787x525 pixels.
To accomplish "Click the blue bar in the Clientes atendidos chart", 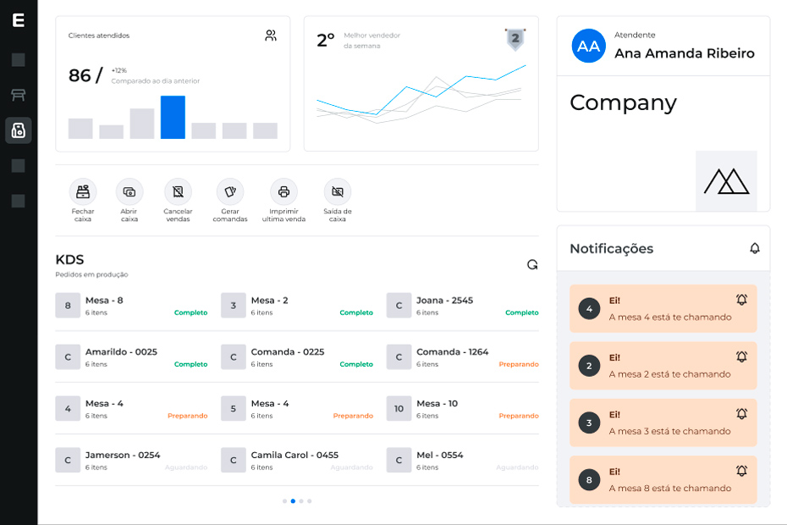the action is pyautogui.click(x=173, y=117).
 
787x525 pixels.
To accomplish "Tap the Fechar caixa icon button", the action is pyautogui.click(x=83, y=191).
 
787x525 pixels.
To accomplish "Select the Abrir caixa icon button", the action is pyautogui.click(x=129, y=191).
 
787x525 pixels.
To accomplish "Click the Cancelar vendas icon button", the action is pyautogui.click(x=179, y=191).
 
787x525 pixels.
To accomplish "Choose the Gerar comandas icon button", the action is pyautogui.click(x=230, y=191).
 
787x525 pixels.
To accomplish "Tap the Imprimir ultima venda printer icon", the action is pyautogui.click(x=283, y=191).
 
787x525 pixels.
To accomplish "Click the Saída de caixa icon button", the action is pyautogui.click(x=338, y=191).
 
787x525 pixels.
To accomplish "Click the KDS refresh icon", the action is pyautogui.click(x=532, y=264).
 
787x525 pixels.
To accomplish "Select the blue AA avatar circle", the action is pyautogui.click(x=589, y=46).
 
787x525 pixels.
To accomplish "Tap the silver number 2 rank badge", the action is pyautogui.click(x=515, y=39).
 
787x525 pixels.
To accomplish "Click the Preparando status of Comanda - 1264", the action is pyautogui.click(x=519, y=364).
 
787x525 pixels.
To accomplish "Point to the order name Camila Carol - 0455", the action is pyautogui.click(x=294, y=455).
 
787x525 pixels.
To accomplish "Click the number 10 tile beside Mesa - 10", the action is pyautogui.click(x=399, y=408).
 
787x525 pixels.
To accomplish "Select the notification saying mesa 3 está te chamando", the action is pyautogui.click(x=663, y=423).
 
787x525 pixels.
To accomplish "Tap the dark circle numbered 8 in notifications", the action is pyautogui.click(x=589, y=480).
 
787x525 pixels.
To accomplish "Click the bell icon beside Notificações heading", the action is pyautogui.click(x=754, y=248).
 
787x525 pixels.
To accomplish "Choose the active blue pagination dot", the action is pyautogui.click(x=293, y=501).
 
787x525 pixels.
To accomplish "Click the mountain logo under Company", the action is pyautogui.click(x=726, y=181).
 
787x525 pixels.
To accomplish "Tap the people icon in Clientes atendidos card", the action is pyautogui.click(x=271, y=36).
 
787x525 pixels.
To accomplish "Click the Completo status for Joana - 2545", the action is pyautogui.click(x=522, y=312).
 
